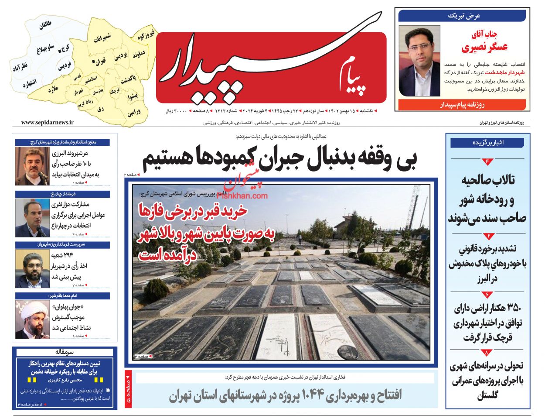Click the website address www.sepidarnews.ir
pos(47,123)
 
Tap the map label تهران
pos(101,61)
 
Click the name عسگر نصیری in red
pos(484,47)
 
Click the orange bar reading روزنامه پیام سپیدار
pos(462,105)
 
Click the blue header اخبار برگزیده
pos(487,143)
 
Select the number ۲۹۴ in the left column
pos(57,255)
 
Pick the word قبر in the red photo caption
pos(213,211)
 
